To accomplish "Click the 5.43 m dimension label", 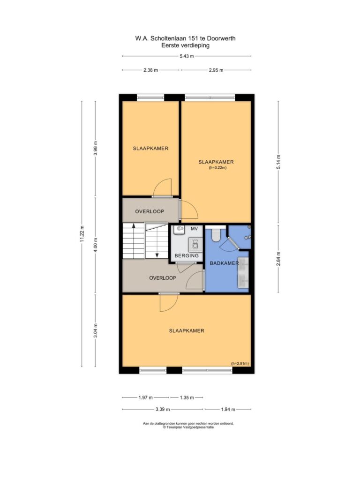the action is tap(187, 56).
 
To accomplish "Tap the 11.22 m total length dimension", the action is tap(82, 233).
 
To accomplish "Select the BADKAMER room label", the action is tap(224, 263).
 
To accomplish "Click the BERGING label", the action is tap(187, 255).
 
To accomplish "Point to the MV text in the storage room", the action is tap(194, 229).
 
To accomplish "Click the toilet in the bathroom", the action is tap(216, 235).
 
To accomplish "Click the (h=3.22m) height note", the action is tap(217, 168).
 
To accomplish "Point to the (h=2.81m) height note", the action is tap(240, 364).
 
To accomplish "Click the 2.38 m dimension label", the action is tap(150, 70).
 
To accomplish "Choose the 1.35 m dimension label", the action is tap(187, 397).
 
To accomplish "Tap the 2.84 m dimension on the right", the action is tap(278, 259).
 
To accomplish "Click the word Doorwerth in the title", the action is tap(221, 38).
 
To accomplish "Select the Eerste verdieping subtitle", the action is tap(185, 45).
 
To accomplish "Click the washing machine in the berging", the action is tap(195, 244).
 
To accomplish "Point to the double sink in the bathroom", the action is tap(243, 272).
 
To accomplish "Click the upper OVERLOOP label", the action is tap(150, 211).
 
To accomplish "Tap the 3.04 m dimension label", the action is tap(95, 330).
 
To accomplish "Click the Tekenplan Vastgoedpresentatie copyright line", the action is tap(188, 427).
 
